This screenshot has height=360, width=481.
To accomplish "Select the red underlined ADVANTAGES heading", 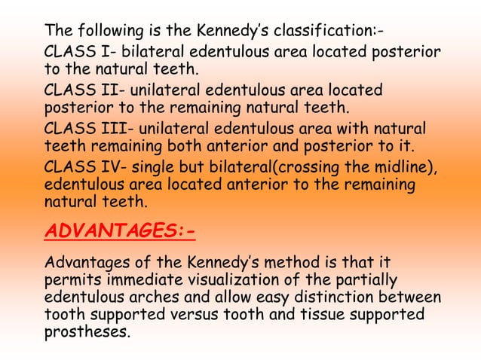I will [120, 229].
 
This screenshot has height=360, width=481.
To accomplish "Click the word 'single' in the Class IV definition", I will [152, 166].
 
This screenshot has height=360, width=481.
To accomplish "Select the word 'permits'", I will [74, 281].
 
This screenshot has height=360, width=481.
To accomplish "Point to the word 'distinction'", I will [346, 297].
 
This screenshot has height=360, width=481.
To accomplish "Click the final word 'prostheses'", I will [87, 331].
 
